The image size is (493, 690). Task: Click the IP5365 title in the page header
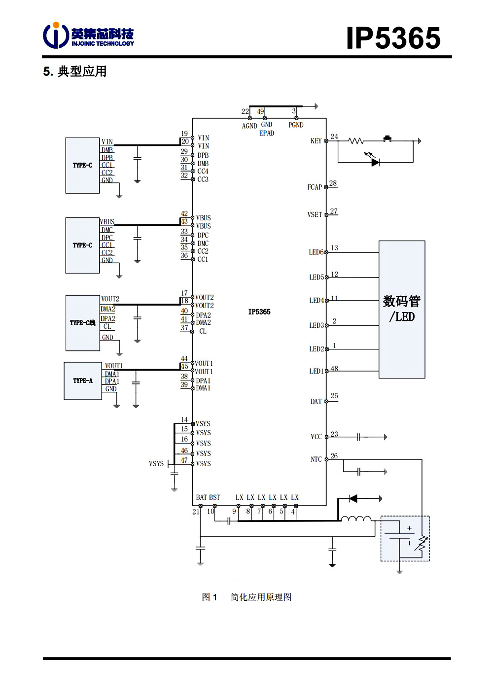393,38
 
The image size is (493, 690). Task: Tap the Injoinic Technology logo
88,35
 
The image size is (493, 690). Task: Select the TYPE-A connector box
83,380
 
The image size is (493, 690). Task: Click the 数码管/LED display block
402,309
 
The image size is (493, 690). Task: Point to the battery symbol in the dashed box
400,536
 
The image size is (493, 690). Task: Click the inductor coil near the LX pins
356,518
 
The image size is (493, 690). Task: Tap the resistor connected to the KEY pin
356,141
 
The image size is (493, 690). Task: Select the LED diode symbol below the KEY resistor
375,162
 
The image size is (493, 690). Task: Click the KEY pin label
316,141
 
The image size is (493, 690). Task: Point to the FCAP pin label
315,187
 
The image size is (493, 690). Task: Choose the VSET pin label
315,215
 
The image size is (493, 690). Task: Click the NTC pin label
316,459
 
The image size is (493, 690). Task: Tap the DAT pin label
316,402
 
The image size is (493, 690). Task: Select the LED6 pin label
316,252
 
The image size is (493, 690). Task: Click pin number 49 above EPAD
260,111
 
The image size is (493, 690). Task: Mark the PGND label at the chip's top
296,125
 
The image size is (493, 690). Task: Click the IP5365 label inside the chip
259,312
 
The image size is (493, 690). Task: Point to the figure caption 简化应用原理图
261,597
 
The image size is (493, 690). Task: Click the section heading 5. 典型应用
75,71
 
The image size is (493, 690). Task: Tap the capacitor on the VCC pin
359,437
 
